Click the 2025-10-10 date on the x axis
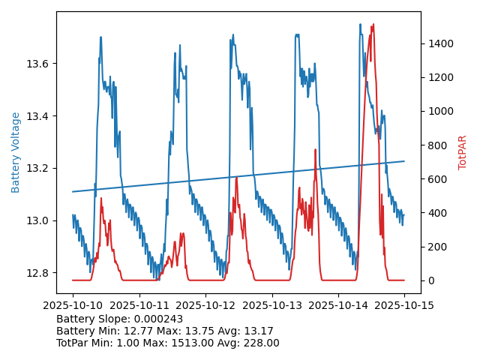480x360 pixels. [73, 306]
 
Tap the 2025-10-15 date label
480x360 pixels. [404, 306]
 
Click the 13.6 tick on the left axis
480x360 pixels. [37, 64]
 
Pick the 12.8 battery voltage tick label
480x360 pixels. [37, 273]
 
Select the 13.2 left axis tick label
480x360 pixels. [37, 168]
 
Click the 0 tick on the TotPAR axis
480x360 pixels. [429, 280]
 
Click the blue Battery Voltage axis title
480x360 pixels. [16, 152]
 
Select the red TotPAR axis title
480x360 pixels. [463, 152]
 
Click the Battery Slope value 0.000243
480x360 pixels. [157, 319]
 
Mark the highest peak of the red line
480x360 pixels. [373, 25]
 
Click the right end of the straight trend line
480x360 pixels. [404, 161]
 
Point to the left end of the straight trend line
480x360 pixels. [73, 191]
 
